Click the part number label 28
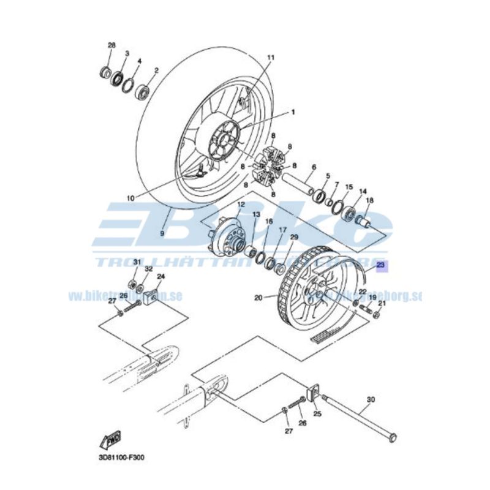click(x=111, y=46)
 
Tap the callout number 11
click(x=271, y=58)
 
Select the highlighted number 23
click(x=380, y=265)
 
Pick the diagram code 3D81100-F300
click(x=121, y=457)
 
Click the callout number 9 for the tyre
click(x=163, y=233)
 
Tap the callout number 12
click(x=241, y=204)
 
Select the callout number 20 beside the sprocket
click(x=258, y=298)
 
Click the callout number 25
click(x=317, y=414)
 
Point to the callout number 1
click(x=293, y=112)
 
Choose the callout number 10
click(x=129, y=198)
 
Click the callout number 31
click(x=137, y=262)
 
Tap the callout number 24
click(x=161, y=277)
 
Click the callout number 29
click(x=294, y=237)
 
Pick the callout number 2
click(x=156, y=70)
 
